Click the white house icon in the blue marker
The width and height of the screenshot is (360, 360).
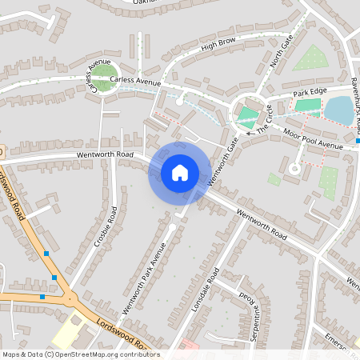(179, 172)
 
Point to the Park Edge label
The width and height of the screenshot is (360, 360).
(310, 94)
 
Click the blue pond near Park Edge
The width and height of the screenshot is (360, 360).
(339, 110)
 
